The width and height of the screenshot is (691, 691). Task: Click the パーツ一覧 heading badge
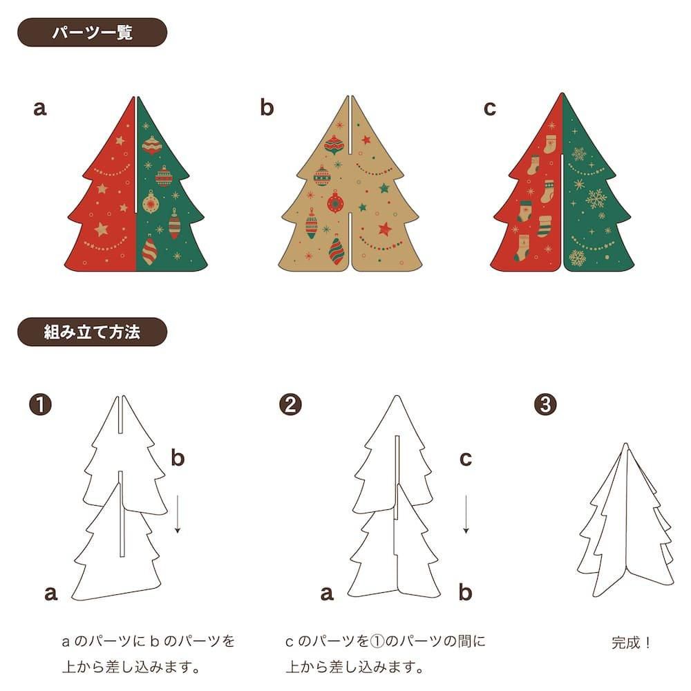coord(92,32)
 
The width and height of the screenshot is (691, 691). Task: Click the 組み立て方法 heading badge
coord(92,332)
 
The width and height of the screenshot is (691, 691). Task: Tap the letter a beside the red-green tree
coord(39,108)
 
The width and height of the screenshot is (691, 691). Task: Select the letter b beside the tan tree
coord(267,107)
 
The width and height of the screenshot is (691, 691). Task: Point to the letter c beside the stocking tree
coord(490,108)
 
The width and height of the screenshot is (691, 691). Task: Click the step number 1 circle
coord(40,404)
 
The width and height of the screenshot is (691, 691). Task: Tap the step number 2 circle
coord(290,404)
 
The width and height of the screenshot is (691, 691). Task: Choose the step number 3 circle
coord(545,404)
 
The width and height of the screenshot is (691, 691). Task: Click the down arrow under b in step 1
coord(177,514)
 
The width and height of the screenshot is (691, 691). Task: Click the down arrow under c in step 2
coord(466,514)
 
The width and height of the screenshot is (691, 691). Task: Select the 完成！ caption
coord(631,643)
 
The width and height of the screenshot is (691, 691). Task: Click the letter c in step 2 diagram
coord(466,459)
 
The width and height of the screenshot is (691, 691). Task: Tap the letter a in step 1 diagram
coord(50,594)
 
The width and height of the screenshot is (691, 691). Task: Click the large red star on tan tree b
coord(385,229)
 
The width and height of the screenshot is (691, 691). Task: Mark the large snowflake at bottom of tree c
coord(577,258)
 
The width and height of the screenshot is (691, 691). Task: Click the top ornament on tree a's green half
coord(151,145)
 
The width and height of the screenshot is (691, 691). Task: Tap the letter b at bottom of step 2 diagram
coord(465,592)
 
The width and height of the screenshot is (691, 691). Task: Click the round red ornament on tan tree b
coord(335,202)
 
